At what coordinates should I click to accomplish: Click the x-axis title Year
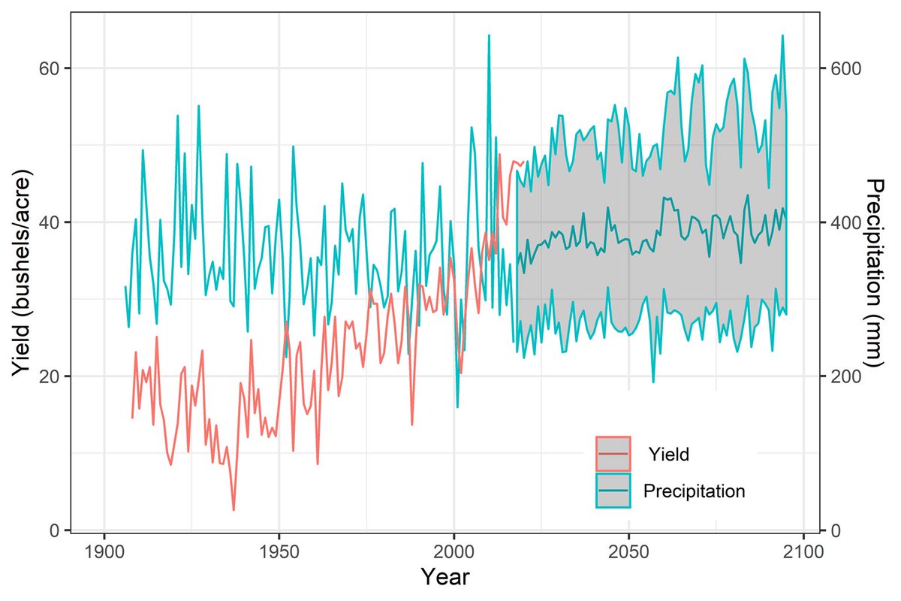click(445, 577)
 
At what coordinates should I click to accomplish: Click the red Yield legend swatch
click(613, 453)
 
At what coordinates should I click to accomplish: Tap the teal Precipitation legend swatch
click(613, 491)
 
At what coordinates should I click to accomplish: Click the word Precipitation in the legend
click(694, 491)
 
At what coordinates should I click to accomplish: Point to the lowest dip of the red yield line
click(234, 510)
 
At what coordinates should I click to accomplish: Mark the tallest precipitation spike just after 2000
click(489, 35)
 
